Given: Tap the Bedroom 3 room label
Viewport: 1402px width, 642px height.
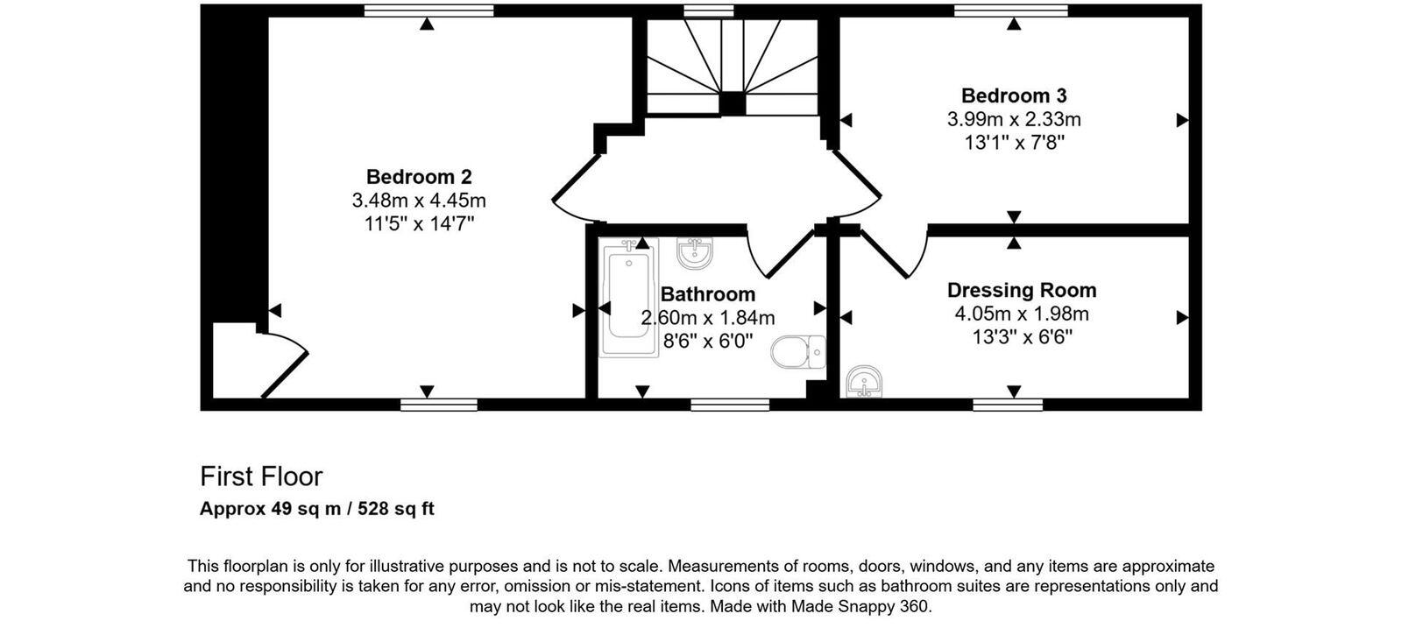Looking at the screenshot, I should pyautogui.click(x=1014, y=95).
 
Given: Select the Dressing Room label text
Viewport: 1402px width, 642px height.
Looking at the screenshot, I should pyautogui.click(x=1022, y=290).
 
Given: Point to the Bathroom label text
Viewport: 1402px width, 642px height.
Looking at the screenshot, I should pyautogui.click(x=708, y=294).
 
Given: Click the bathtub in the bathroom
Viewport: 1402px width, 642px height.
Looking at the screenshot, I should pyautogui.click(x=629, y=298).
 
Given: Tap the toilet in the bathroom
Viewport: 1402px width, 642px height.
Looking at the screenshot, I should pyautogui.click(x=797, y=352).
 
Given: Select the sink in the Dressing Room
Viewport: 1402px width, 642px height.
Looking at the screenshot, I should pyautogui.click(x=865, y=382).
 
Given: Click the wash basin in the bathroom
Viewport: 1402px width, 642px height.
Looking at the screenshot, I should pyautogui.click(x=695, y=253).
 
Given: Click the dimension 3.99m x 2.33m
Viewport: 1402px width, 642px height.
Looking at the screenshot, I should pyautogui.click(x=1014, y=119).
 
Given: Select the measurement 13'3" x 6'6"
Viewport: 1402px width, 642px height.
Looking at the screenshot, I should pyautogui.click(x=1022, y=337).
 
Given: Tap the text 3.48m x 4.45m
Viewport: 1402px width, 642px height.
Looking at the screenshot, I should pyautogui.click(x=419, y=201).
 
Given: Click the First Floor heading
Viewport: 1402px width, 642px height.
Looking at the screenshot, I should pyautogui.click(x=261, y=476).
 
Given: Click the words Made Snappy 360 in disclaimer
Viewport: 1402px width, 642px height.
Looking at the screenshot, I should pyautogui.click(x=860, y=606).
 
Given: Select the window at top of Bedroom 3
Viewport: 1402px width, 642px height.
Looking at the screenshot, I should pyautogui.click(x=1011, y=11).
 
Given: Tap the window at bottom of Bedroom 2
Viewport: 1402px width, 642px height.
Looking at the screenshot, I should pyautogui.click(x=439, y=405).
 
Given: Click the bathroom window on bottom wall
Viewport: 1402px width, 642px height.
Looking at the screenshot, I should pyautogui.click(x=730, y=405).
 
